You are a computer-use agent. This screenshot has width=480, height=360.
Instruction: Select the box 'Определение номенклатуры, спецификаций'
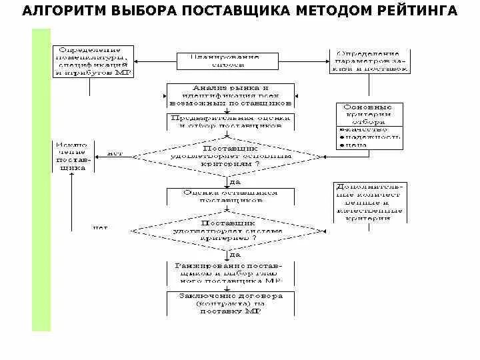point(94,61)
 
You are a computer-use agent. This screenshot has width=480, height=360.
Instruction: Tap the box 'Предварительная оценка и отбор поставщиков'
point(229,121)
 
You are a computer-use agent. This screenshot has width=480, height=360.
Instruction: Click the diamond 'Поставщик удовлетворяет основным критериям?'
point(229,155)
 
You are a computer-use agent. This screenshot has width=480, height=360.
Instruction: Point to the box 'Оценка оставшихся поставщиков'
point(229,196)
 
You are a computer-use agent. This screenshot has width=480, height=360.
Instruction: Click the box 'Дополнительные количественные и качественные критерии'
point(369,202)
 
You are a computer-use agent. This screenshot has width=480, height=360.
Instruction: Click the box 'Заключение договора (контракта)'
point(230,303)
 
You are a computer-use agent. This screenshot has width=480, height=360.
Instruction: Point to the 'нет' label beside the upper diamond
point(115,152)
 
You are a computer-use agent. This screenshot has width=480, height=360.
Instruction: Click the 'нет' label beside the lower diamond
point(100,227)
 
